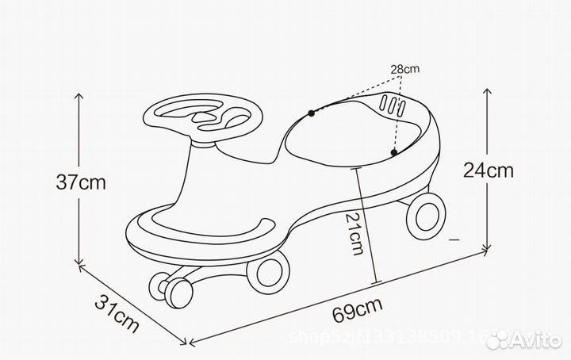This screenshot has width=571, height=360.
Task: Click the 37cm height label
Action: [x=81, y=182]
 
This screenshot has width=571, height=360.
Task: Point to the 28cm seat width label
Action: [x=404, y=70]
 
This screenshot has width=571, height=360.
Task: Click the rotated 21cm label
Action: [x=358, y=232]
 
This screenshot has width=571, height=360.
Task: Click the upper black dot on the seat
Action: [x=312, y=113]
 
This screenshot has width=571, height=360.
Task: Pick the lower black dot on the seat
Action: [x=393, y=151]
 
